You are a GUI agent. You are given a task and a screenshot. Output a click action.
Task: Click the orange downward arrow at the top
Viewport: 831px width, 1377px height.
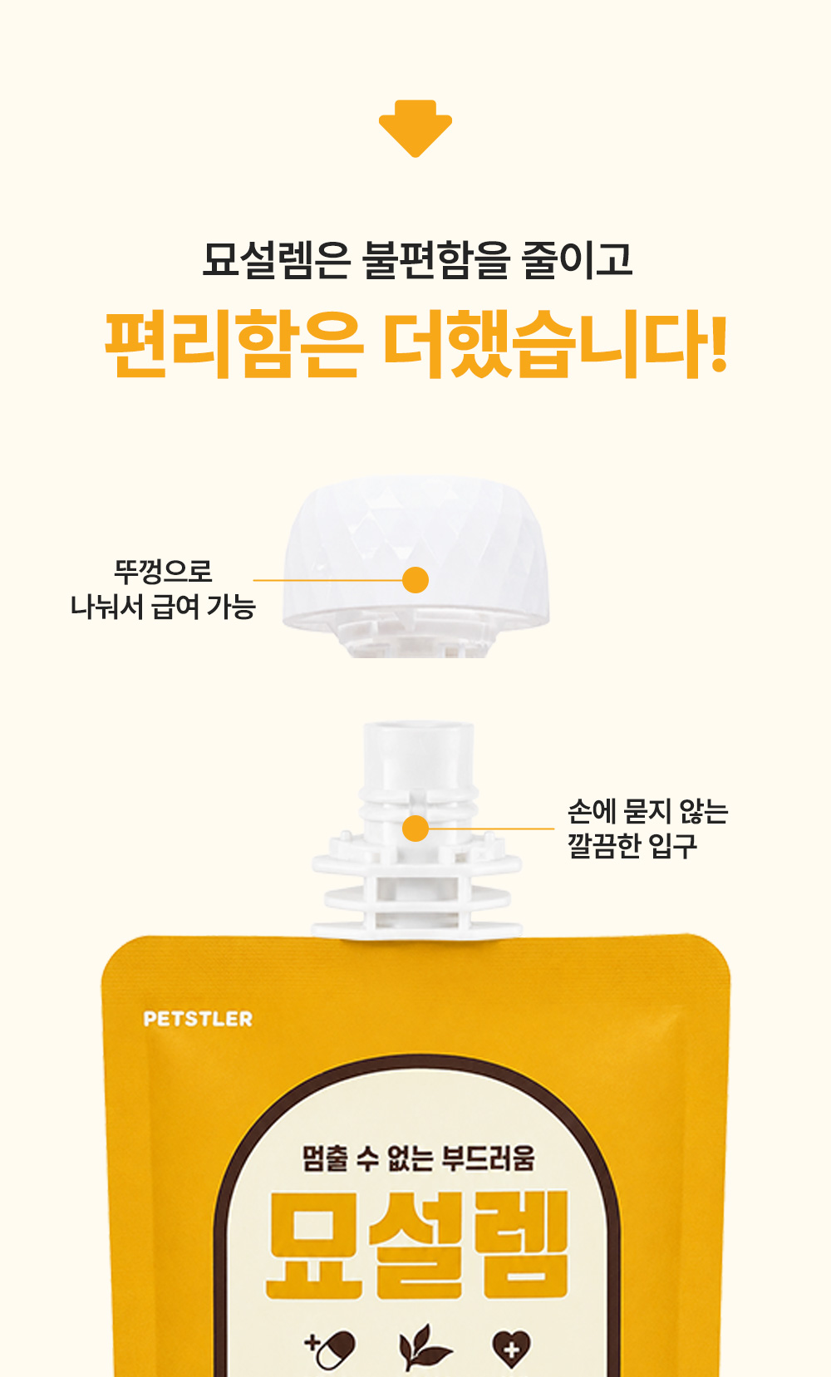coord(415,128)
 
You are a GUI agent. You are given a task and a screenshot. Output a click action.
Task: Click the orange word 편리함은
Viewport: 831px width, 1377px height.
coord(233,344)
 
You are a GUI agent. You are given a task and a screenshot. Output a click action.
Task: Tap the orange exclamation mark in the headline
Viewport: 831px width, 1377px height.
coord(717,344)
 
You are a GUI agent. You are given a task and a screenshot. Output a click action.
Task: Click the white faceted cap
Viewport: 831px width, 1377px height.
coord(415,553)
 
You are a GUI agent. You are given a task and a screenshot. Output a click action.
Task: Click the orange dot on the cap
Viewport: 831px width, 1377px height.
coord(415,580)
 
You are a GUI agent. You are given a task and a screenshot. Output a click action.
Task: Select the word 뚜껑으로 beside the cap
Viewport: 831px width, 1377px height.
coord(164,572)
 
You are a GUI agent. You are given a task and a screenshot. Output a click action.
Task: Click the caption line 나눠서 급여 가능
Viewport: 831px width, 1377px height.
coord(164,607)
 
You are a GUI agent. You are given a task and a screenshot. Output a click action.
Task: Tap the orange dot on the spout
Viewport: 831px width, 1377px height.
coord(415,829)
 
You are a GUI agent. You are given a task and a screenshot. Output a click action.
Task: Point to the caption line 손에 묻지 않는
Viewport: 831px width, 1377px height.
coord(648,811)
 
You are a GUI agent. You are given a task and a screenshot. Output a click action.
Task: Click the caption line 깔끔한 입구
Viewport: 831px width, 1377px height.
coord(632,846)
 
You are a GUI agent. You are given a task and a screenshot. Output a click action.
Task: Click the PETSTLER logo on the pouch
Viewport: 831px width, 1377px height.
coord(198,1019)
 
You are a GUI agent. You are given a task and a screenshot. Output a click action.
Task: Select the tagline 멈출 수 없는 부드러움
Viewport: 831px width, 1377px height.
coord(419,1158)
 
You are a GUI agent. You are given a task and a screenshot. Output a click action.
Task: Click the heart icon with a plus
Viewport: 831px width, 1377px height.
coord(511,1350)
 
